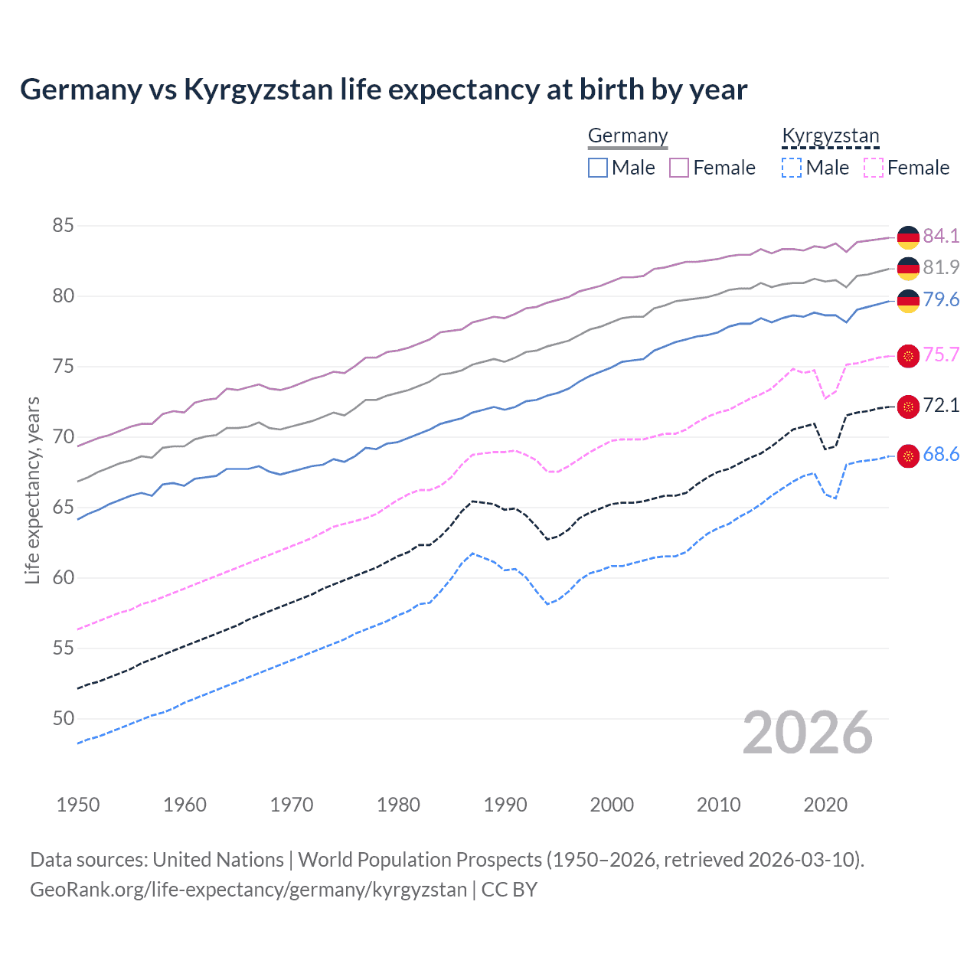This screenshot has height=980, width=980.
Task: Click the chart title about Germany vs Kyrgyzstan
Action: [x=383, y=90]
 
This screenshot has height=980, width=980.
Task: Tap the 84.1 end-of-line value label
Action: [x=940, y=236]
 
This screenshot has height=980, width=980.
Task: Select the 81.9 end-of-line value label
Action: [x=940, y=267]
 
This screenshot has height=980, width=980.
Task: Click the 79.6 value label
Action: [x=940, y=299]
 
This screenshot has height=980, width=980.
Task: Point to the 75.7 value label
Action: [x=940, y=354]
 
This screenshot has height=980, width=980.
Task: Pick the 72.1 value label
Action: [x=940, y=405]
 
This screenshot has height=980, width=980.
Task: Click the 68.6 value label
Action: [x=940, y=454]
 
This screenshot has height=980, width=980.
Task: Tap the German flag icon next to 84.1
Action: [x=908, y=237]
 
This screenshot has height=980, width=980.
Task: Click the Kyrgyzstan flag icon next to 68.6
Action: [x=908, y=456]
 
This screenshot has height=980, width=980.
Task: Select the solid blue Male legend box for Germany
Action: [x=598, y=168]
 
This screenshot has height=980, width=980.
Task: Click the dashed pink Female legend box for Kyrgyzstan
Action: [x=874, y=168]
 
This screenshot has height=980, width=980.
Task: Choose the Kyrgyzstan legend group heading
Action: [x=831, y=136]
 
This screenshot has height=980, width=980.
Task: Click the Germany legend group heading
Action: [x=628, y=136]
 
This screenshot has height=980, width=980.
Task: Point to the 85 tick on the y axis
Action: [x=64, y=226]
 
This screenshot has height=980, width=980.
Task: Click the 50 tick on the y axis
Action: [x=64, y=718]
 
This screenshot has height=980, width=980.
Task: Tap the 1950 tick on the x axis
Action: [x=78, y=805]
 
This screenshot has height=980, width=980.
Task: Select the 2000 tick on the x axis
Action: [x=612, y=805]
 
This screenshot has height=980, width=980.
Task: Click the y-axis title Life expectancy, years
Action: [x=32, y=490]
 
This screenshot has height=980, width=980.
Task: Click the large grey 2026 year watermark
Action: [x=808, y=733]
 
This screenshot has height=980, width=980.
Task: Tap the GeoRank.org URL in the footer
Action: [x=249, y=890]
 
